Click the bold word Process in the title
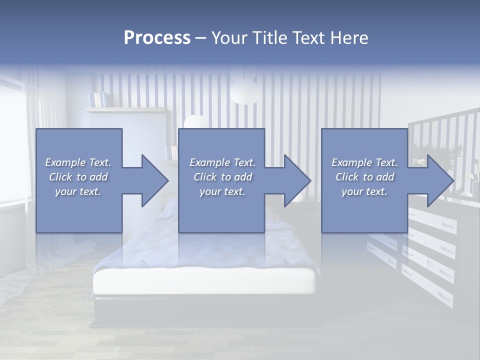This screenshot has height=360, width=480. [x=157, y=38]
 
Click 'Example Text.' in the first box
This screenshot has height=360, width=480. [x=78, y=162]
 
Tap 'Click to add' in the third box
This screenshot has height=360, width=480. [x=364, y=177]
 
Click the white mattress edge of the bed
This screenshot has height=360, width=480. [x=205, y=282]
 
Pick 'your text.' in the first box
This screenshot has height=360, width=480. [x=78, y=191]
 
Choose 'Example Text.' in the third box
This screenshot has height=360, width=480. [x=364, y=162]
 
